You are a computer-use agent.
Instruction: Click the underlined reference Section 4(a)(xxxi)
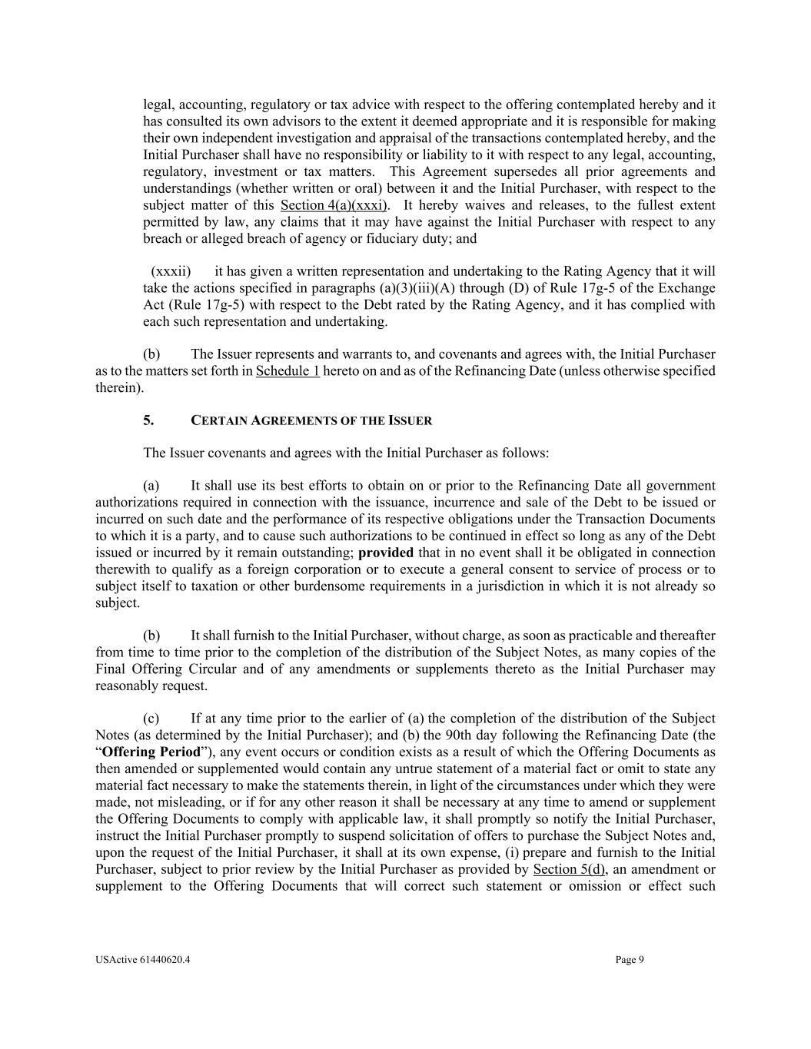click(335, 205)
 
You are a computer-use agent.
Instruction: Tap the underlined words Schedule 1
click(288, 371)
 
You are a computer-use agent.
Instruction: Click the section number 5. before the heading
click(148, 420)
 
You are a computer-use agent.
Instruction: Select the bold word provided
click(386, 553)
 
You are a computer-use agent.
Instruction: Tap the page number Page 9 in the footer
click(630, 959)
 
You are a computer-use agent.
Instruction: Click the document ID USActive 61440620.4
click(144, 959)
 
